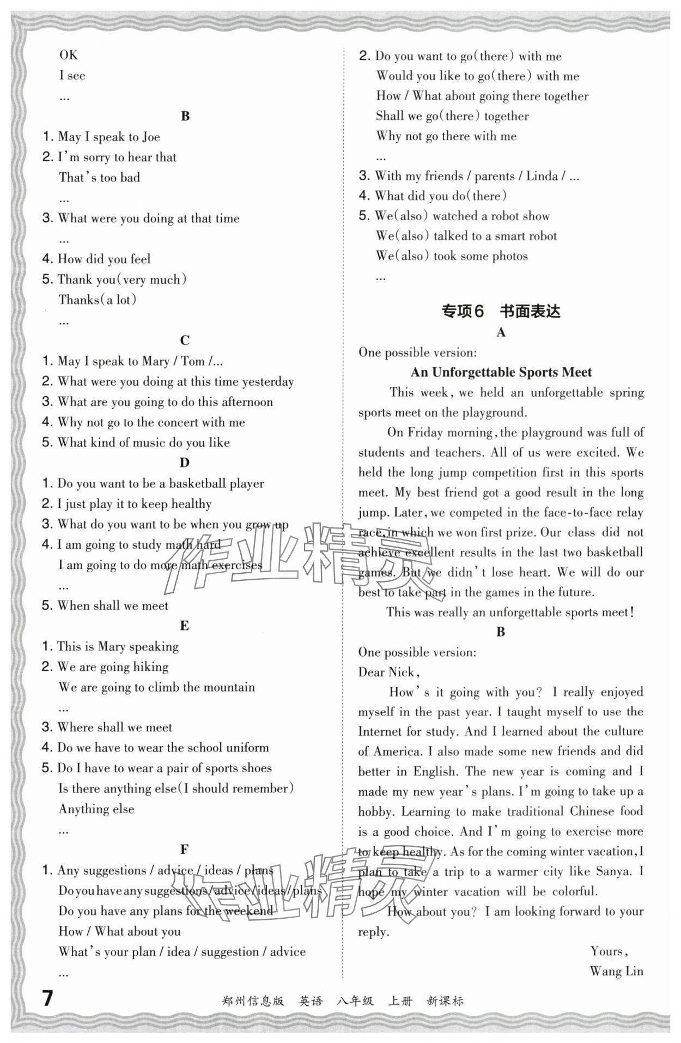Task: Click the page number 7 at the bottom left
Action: point(48,998)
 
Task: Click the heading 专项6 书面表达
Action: point(500,311)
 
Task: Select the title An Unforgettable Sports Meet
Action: point(501,372)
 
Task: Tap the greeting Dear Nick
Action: point(388,672)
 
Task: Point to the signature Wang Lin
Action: point(616,971)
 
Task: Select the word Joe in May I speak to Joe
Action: point(151,137)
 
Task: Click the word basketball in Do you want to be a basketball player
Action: point(197,483)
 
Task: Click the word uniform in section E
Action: point(247,748)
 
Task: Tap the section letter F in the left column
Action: point(184,849)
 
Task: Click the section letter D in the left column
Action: point(184,463)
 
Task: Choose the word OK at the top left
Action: point(69,55)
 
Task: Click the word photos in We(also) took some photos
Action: point(509,256)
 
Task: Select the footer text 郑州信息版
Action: point(253,1001)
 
